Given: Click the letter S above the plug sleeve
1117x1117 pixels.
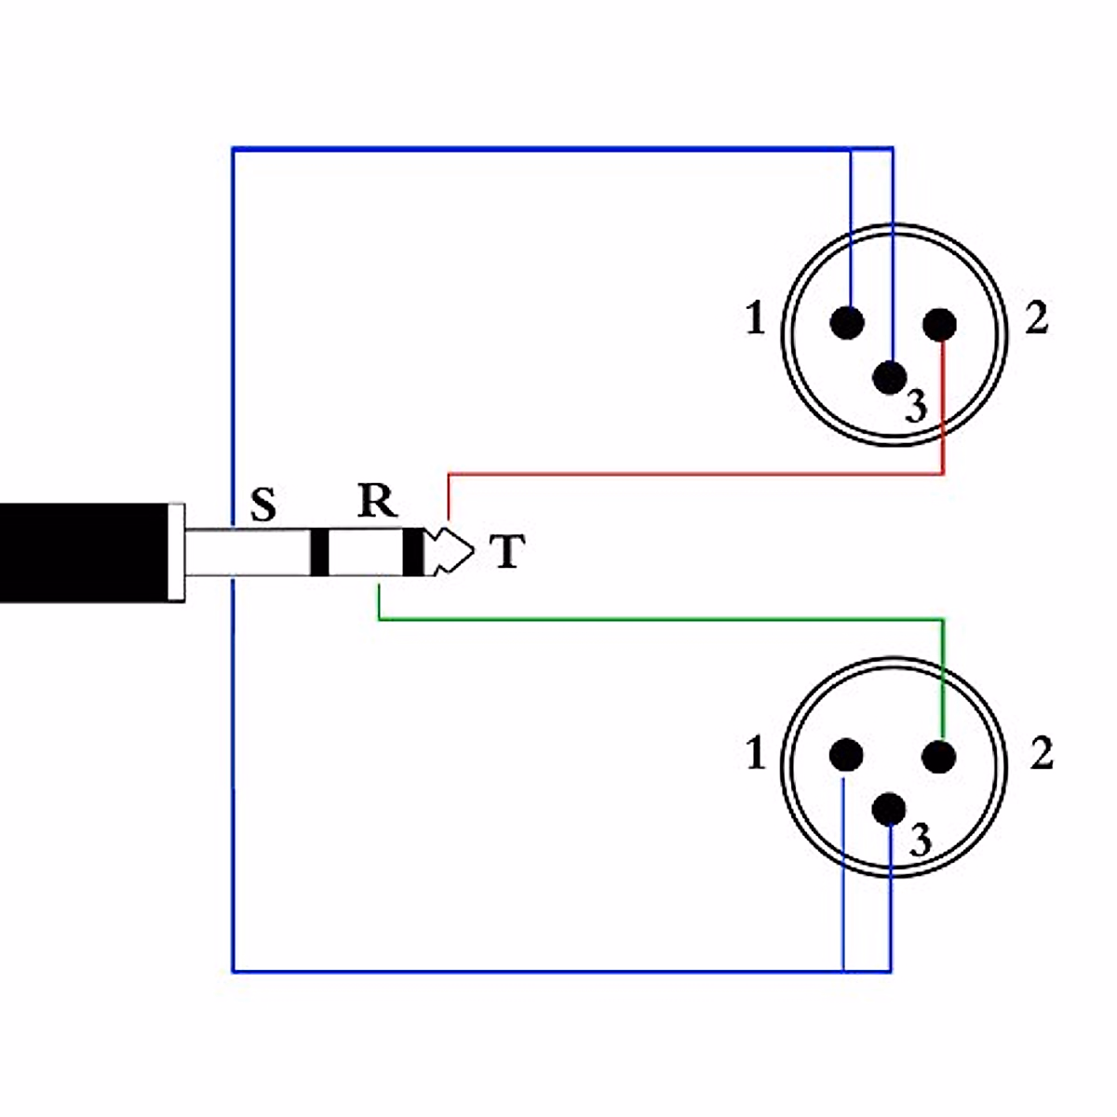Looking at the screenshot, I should pyautogui.click(x=264, y=505).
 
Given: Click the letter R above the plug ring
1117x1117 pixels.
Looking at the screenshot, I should pyautogui.click(x=377, y=502).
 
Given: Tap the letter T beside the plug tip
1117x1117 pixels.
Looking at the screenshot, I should pyautogui.click(x=506, y=552).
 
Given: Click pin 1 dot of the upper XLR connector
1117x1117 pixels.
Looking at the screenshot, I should pyautogui.click(x=847, y=323).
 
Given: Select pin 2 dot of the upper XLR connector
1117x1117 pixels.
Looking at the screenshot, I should pyautogui.click(x=940, y=324).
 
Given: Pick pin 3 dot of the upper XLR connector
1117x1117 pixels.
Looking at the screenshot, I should pyautogui.click(x=891, y=377).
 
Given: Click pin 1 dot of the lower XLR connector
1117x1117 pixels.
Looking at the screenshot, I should pyautogui.click(x=846, y=755).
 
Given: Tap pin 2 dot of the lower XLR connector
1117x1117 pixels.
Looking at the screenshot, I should pyautogui.click(x=939, y=756).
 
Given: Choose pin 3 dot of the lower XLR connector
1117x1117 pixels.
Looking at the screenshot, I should pyautogui.click(x=891, y=810).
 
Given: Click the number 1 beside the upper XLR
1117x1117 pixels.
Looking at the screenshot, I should pyautogui.click(x=755, y=320).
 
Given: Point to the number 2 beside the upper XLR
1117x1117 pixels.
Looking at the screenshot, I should pyautogui.click(x=1036, y=319).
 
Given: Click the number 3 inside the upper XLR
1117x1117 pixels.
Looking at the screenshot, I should pyautogui.click(x=917, y=407).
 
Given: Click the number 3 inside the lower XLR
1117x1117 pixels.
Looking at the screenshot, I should pyautogui.click(x=920, y=841).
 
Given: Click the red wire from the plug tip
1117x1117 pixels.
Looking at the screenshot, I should pyautogui.click(x=698, y=475).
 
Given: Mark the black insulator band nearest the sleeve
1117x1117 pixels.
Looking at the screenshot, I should pyautogui.click(x=319, y=552).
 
